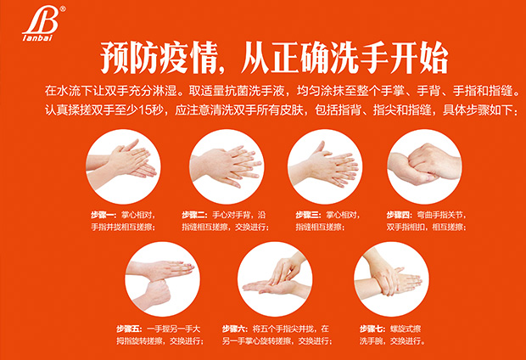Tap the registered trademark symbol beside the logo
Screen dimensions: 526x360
[x=63, y=9]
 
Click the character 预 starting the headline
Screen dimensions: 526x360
[x=115, y=58]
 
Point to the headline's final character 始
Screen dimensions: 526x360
[x=434, y=58]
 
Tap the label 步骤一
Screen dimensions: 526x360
[x=104, y=215]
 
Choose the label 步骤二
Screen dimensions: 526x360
[x=195, y=215]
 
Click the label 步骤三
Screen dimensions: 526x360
[x=308, y=215]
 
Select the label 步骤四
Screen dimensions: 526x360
[x=400, y=215]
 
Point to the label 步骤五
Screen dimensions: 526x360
[x=130, y=329]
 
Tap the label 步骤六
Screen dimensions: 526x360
[x=235, y=329]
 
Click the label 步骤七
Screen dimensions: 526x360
[x=372, y=329]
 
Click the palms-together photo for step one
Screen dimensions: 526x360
[x=123, y=166]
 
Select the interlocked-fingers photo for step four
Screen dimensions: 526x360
[x=424, y=166]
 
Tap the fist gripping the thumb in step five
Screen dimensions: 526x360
[x=155, y=292]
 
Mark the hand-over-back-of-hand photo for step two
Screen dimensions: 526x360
[x=227, y=166]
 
